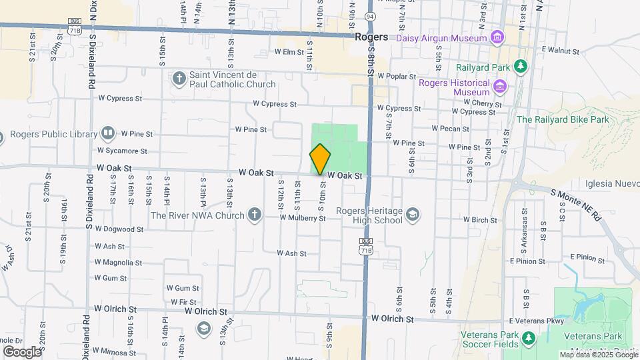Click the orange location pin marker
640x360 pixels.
[320, 159]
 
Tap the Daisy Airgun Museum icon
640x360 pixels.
[496, 37]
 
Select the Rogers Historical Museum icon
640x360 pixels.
[499, 85]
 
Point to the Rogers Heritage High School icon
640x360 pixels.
[413, 214]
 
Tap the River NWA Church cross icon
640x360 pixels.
[254, 215]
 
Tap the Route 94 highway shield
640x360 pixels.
[369, 15]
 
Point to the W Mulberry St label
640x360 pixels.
[303, 218]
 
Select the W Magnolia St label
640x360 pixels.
[119, 262]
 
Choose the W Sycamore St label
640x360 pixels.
[122, 151]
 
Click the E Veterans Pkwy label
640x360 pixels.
[537, 321]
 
